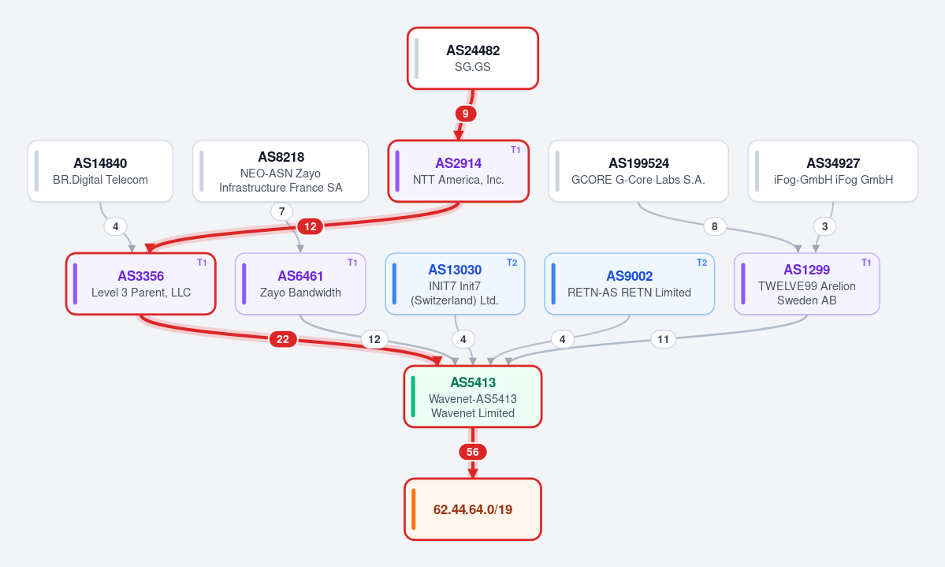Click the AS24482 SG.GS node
point(473,58)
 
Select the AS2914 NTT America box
point(459,171)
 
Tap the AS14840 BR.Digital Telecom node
point(100,171)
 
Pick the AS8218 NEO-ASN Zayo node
point(281,171)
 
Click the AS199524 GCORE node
point(638,171)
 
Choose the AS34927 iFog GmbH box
point(833,171)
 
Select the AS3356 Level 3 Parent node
point(141,284)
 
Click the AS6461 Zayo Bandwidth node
point(300,284)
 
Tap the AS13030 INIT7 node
point(455,284)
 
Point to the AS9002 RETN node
point(629,284)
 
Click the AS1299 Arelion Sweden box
point(807,284)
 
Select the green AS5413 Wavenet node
point(473,397)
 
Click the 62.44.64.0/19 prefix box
point(473,509)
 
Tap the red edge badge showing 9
point(465,114)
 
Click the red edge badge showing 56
point(473,452)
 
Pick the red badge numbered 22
point(283,339)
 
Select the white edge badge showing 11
point(663,339)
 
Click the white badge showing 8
point(715,226)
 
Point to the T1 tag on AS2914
point(515,150)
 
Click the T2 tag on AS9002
point(701,263)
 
